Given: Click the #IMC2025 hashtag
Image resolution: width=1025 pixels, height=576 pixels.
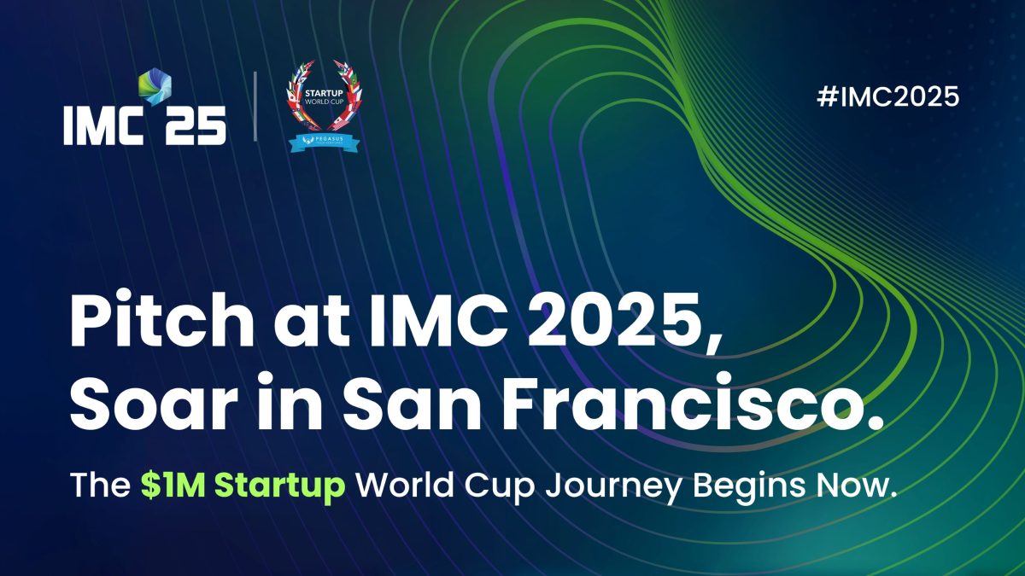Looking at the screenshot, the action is pos(887,96).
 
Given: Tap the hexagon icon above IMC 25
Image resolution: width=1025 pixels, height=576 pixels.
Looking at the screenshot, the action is pos(155,87).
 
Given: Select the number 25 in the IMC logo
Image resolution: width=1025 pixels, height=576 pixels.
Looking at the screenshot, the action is pos(196,125).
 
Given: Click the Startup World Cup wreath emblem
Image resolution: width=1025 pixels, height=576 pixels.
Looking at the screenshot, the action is pos(324,95).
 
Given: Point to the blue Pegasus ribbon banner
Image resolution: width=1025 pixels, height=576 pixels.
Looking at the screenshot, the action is pos(324,142).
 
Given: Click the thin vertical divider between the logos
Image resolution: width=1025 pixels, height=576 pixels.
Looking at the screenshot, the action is pos(255,106).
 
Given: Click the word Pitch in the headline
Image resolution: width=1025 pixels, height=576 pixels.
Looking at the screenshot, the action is pos(161,319).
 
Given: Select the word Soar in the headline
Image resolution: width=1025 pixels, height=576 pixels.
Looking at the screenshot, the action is pos(153,403).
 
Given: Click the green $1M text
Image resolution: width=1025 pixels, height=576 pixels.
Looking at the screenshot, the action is pos(173,485).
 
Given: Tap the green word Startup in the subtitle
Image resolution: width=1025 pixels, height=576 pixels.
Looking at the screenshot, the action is pos(279,486).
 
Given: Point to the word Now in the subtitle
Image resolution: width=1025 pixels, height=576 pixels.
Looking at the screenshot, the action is pos(850,485).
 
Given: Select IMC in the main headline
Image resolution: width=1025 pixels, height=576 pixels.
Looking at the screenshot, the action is pos(439,319).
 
